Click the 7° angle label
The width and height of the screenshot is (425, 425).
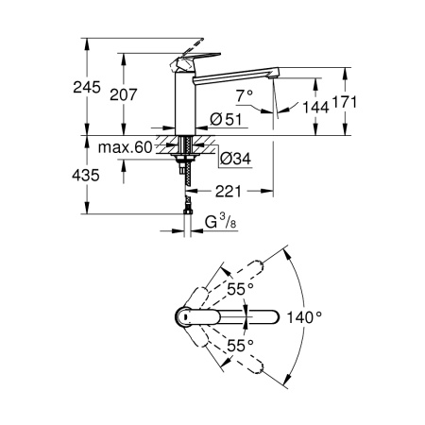pos(244,95)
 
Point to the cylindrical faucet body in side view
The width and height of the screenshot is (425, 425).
pos(184,104)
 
